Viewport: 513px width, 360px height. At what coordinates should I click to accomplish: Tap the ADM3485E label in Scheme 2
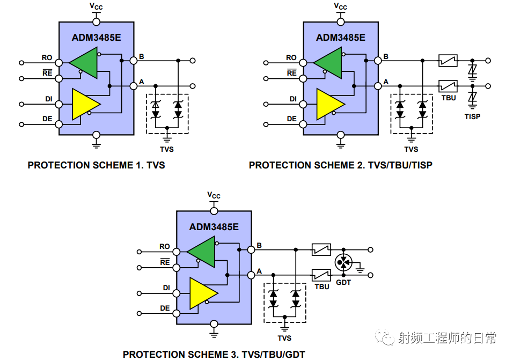(340, 38)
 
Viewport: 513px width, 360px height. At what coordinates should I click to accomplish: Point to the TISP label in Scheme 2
(473, 116)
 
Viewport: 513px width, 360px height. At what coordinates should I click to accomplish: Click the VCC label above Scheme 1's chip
(96, 6)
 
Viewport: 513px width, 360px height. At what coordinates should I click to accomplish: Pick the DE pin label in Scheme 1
(47, 119)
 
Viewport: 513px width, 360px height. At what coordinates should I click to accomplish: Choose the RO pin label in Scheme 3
(164, 247)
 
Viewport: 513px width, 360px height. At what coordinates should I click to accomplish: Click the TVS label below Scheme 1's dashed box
(167, 149)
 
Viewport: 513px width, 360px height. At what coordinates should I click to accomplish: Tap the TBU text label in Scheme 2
(449, 98)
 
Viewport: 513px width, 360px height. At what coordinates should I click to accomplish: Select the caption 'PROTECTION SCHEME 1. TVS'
(96, 165)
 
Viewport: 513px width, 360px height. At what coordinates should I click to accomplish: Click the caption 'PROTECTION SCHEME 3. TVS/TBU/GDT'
(214, 354)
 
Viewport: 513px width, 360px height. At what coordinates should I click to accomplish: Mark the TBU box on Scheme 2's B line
(448, 61)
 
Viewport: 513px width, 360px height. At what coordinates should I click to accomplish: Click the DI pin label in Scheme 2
(293, 99)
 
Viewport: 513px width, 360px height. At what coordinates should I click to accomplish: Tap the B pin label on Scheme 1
(141, 56)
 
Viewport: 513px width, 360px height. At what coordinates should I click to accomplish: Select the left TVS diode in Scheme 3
(273, 298)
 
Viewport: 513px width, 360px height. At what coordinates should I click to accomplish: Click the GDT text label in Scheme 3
(343, 282)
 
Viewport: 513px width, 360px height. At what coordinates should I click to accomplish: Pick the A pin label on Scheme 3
(259, 271)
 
